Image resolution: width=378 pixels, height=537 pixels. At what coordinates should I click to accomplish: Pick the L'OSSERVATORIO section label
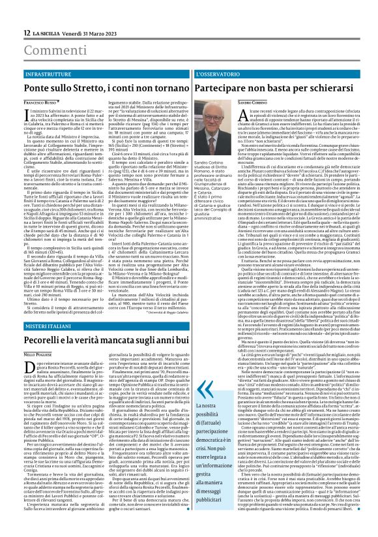(x=219, y=75)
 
